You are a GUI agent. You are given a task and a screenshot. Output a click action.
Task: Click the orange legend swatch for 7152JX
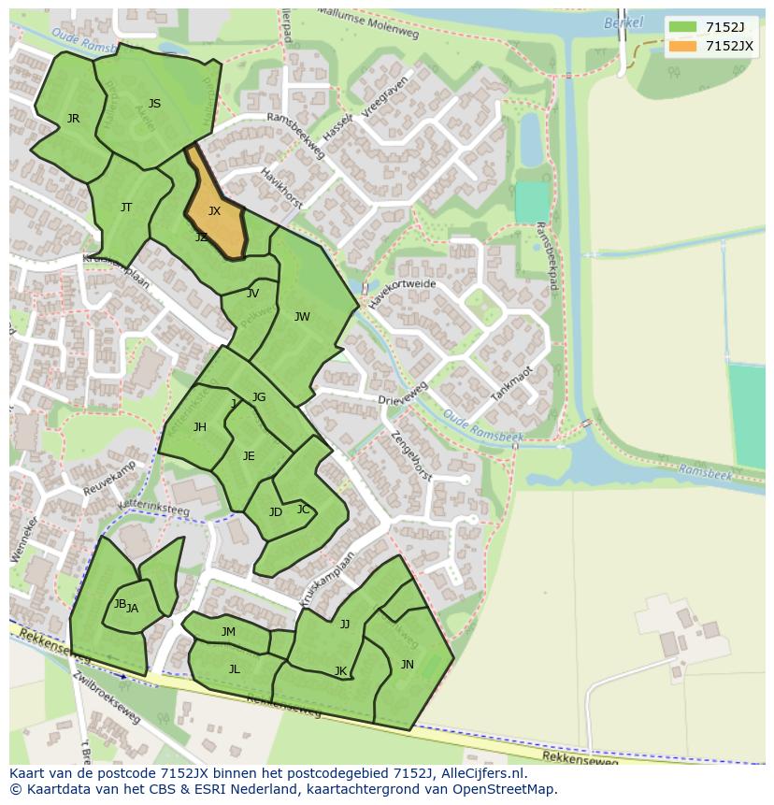pos(682,46)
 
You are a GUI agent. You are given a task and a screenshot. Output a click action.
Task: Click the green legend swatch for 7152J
pos(682,26)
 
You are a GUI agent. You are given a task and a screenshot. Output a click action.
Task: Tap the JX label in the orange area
pos(214,211)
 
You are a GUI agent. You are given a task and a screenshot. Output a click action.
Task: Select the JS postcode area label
pos(154,104)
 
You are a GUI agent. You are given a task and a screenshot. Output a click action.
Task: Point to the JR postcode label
pos(73,119)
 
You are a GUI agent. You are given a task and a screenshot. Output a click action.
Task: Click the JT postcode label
pos(126,208)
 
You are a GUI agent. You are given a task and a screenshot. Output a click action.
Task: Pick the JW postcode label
pos(302,317)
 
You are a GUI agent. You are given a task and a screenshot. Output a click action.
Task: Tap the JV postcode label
pos(252,294)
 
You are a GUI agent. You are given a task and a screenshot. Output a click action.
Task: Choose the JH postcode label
pos(200,427)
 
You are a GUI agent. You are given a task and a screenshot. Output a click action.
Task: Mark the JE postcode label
pos(249,456)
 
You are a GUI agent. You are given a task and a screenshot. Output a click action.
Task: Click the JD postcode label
pos(276,512)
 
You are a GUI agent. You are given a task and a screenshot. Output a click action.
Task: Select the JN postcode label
pos(408,665)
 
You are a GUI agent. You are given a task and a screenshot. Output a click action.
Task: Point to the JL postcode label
pos(235,668)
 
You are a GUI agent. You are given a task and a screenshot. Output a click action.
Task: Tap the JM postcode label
pos(228,632)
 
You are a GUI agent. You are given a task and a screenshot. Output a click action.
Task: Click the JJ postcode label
pos(345,625)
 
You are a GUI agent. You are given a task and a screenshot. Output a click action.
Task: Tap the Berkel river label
pos(623,22)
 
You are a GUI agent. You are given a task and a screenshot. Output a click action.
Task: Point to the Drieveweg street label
pos(403,394)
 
